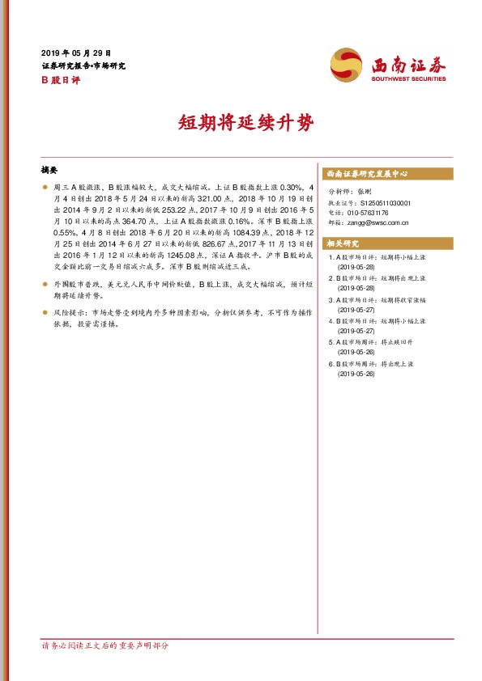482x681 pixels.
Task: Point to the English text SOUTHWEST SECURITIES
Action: [x=409, y=79]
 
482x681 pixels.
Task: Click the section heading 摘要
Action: [x=49, y=171]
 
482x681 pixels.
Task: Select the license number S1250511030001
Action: [x=386, y=203]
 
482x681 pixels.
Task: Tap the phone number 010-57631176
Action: [x=370, y=212]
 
